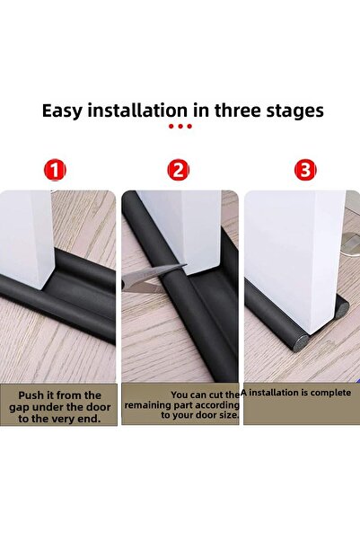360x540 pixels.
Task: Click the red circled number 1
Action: (x=57, y=169)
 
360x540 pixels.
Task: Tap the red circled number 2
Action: (x=179, y=169)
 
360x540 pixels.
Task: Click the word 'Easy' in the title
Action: (x=67, y=111)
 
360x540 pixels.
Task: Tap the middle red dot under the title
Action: (x=180, y=127)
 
